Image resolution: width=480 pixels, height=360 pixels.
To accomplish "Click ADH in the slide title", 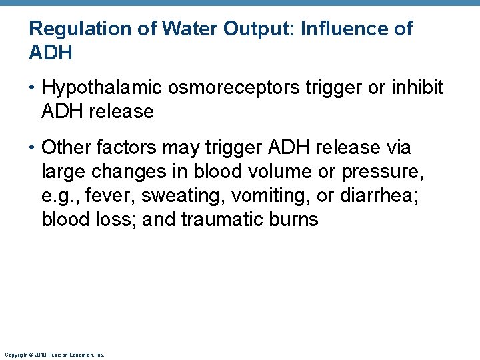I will (51, 53).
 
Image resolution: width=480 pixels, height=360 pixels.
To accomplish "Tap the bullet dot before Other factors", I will (33, 148).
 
